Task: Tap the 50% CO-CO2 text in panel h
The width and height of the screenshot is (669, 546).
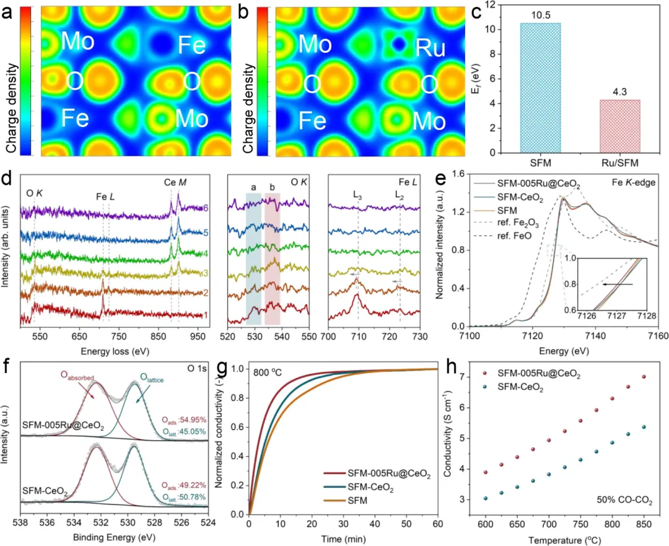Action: [x=624, y=498]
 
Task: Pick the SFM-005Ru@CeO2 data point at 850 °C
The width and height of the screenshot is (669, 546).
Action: [x=644, y=377]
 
